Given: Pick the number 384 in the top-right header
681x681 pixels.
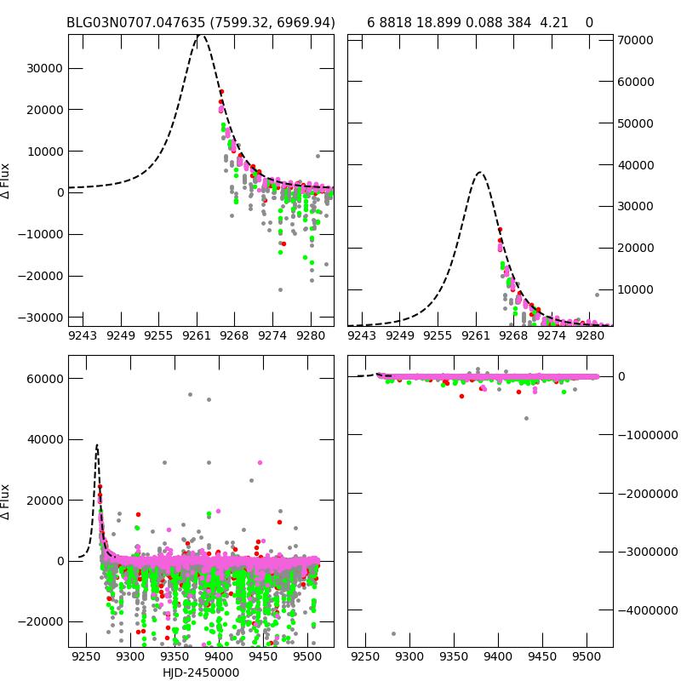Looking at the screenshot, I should [520, 22].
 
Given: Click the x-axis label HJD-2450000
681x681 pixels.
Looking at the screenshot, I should [201, 672].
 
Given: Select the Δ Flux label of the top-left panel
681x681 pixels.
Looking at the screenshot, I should [7, 180].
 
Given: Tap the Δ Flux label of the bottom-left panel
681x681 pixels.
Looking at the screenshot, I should [7, 502].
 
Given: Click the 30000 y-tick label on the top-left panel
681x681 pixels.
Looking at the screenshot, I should [42, 68].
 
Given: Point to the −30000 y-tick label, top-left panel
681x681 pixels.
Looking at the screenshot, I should [39, 317].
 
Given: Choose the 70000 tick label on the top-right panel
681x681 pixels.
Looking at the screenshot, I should [634, 40].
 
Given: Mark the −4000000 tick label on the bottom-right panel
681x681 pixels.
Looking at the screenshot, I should [647, 610].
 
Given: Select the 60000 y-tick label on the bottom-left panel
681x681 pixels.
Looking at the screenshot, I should [42, 378].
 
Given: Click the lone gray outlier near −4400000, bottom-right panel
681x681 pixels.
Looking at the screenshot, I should [393, 633].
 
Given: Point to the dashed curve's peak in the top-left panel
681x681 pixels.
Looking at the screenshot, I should [200, 35].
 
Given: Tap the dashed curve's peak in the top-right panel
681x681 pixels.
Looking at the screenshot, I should [480, 173].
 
